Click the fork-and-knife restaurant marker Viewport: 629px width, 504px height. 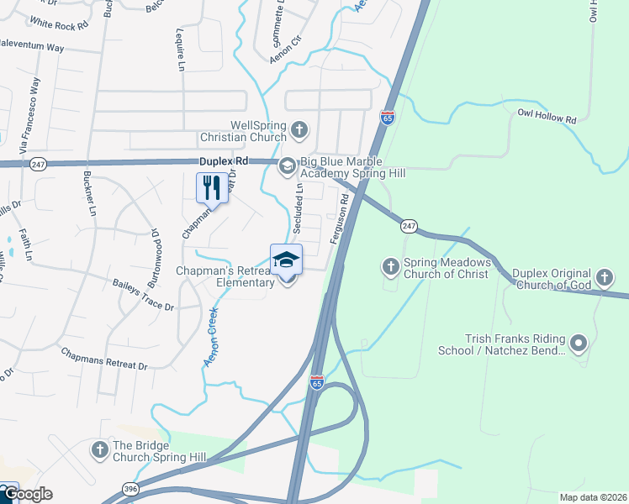[211, 188]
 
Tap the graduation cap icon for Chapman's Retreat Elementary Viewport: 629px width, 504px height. [286, 260]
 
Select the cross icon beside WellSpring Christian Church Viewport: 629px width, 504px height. [300, 130]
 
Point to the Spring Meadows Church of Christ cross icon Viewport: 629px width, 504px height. [390, 266]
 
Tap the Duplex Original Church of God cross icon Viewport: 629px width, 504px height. [604, 277]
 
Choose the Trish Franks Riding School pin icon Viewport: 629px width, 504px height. [578, 343]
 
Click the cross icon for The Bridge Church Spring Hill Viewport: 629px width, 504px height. [99, 450]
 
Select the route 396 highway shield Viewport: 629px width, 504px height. [129, 487]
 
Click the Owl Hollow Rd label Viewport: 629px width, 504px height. [547, 116]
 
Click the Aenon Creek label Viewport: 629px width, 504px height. [211, 336]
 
